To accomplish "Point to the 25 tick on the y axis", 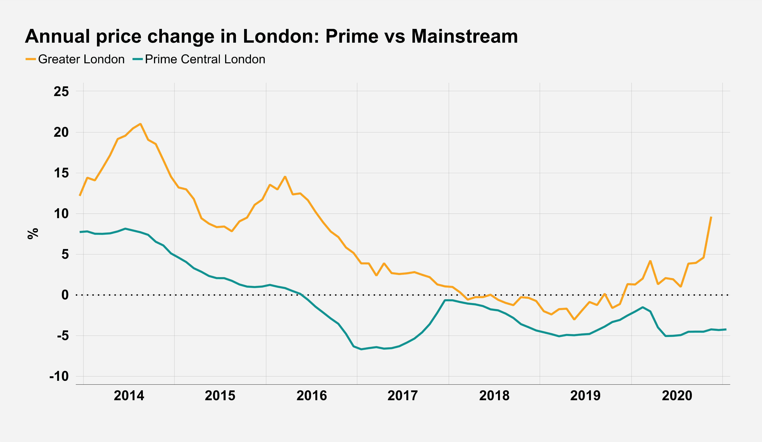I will click(x=61, y=91).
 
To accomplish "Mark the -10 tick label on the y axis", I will click(x=59, y=376).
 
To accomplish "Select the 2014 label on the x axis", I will click(x=129, y=395).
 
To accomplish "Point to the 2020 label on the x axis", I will click(x=677, y=395).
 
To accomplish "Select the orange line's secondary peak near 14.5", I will click(x=285, y=177).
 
